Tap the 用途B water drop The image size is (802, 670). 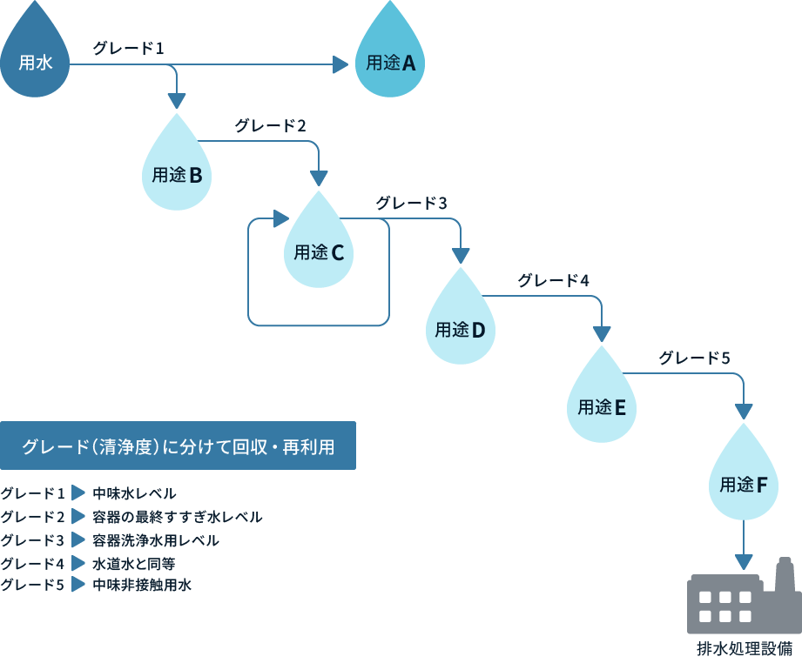[x=177, y=170]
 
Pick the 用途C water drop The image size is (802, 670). [x=319, y=247]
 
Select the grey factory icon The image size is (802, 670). [x=739, y=600]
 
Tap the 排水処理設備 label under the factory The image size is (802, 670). [x=744, y=649]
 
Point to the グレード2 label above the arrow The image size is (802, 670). [x=270, y=125]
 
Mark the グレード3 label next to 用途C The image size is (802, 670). [x=411, y=203]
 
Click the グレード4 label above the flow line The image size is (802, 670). [x=554, y=280]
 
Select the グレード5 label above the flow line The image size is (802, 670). [x=694, y=358]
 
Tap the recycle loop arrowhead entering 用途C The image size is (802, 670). [x=280, y=218]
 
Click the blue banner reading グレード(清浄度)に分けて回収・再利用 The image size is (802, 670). [x=178, y=446]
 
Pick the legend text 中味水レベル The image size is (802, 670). [x=134, y=493]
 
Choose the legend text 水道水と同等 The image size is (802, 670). [x=134, y=563]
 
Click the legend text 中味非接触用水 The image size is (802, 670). [x=142, y=586]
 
